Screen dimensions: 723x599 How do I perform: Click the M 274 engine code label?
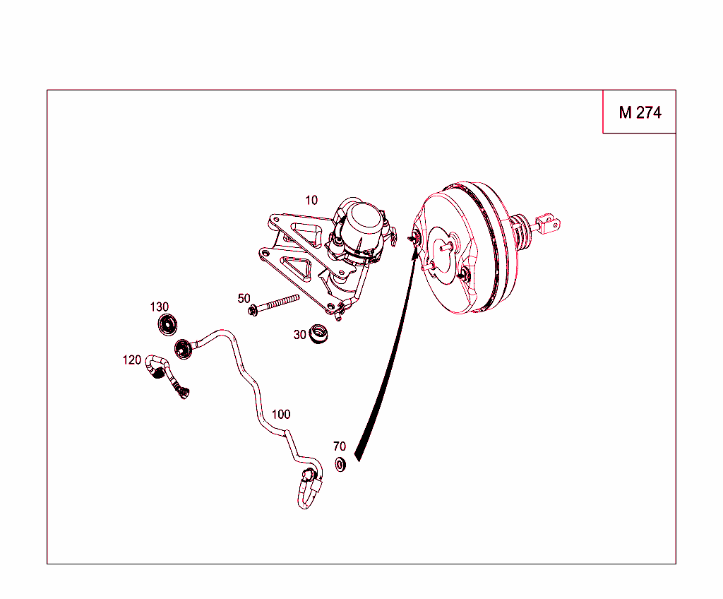(640, 112)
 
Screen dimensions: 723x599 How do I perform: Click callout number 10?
(311, 201)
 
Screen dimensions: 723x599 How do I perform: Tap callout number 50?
(244, 299)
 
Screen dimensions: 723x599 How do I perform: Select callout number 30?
(299, 335)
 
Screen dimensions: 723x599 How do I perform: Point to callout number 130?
(159, 307)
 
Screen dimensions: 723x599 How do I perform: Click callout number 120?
(131, 360)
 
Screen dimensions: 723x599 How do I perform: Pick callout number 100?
(281, 415)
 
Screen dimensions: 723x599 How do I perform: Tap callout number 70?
(340, 446)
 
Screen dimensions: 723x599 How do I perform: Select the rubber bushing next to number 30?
(318, 333)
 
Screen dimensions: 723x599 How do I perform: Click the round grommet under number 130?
(168, 325)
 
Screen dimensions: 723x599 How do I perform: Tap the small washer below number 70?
(340, 464)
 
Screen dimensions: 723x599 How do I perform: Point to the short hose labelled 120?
(166, 374)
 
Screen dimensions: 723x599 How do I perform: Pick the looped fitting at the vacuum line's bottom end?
(309, 488)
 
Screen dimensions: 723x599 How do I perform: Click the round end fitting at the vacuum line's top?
(184, 349)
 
